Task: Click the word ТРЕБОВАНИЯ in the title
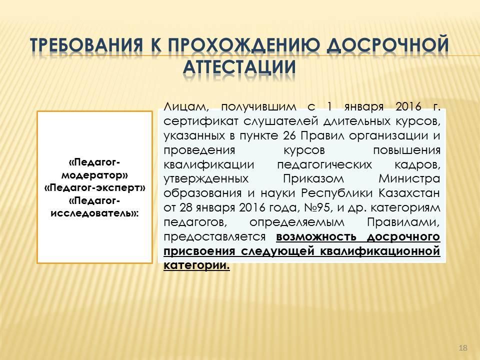[x=87, y=44]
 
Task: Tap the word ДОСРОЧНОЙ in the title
[x=387, y=44]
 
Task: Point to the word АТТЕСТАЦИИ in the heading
[x=239, y=67]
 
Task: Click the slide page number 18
[x=463, y=348]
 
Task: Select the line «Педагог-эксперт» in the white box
[x=95, y=188]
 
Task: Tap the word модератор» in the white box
[x=95, y=175]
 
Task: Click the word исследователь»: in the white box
[x=95, y=213]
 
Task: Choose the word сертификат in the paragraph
[x=201, y=121]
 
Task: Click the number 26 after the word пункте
[x=289, y=135]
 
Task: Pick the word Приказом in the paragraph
[x=313, y=179]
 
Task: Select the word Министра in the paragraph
[x=409, y=178]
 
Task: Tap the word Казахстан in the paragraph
[x=409, y=193]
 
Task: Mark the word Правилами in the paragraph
[x=403, y=222]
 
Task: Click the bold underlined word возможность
[x=316, y=237]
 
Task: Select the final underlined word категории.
[x=196, y=265]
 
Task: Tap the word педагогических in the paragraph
[x=324, y=165]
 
